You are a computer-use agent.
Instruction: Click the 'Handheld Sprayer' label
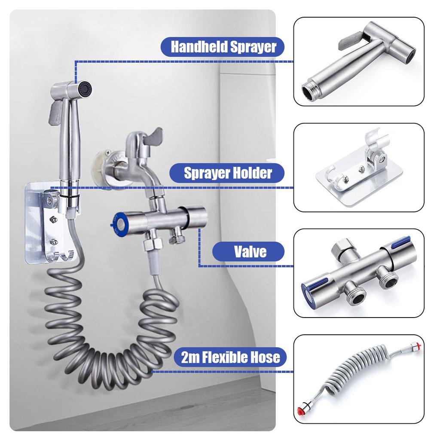pyautogui.click(x=223, y=46)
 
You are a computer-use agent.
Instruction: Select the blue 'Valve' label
pyautogui.click(x=249, y=251)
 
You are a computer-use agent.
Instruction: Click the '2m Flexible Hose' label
pyautogui.click(x=230, y=357)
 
